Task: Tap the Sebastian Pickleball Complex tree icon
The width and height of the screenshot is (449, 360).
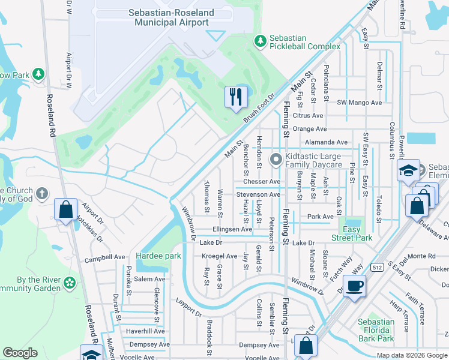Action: tap(260, 40)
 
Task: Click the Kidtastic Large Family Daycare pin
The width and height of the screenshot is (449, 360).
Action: tap(276, 160)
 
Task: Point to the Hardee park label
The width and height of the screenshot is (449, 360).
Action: tap(158, 256)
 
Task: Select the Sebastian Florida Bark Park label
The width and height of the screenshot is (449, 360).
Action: tap(376, 330)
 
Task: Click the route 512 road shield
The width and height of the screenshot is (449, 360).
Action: tap(377, 267)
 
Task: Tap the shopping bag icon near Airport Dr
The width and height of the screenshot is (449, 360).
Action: tap(65, 210)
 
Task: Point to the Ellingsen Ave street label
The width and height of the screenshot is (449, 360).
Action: tap(232, 229)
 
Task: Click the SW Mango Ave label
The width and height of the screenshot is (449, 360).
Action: tap(359, 103)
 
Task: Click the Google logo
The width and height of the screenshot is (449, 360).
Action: tap(20, 353)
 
